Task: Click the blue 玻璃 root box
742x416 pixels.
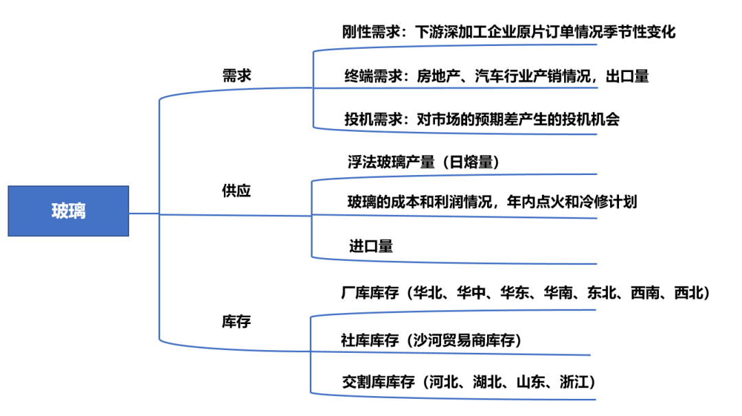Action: (x=68, y=211)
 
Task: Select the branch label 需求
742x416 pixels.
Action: (x=237, y=76)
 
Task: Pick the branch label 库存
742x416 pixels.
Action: (x=236, y=321)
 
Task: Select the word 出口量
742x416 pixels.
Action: (x=628, y=76)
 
